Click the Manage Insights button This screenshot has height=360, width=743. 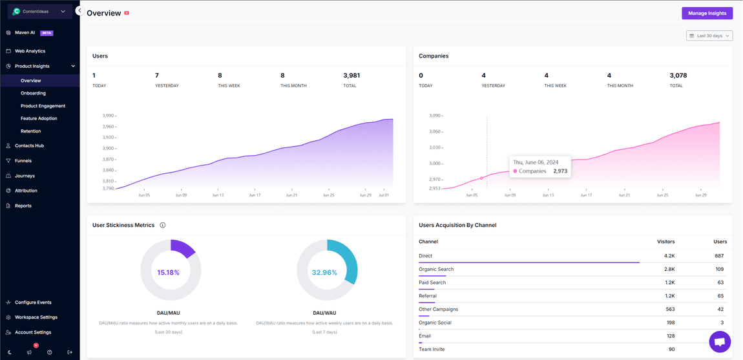pos(707,13)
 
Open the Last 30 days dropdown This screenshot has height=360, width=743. pos(709,36)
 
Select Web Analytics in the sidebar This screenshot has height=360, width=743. pos(30,51)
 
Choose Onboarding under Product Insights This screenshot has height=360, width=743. pos(33,93)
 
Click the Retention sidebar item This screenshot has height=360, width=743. pos(30,131)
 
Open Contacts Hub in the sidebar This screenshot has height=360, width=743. pos(29,146)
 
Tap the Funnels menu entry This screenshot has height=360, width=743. pos(23,161)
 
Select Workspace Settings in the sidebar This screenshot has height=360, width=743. pos(36,317)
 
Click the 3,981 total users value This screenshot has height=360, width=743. pos(351,76)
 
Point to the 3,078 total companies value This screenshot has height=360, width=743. pos(678,76)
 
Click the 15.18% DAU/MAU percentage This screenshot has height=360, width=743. pos(168,273)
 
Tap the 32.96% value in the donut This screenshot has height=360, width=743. pos(324,273)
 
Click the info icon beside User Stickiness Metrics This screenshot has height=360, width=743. pos(163,226)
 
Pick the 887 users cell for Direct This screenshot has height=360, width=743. pos(719,256)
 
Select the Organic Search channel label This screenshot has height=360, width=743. pos(436,270)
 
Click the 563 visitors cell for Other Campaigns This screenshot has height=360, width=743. pos(669,310)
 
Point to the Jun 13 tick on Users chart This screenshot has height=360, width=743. pos(218,195)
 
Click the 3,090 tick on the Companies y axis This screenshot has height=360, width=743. pos(435,116)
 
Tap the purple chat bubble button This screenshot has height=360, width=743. pos(719,341)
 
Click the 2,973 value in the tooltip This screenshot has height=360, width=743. pos(560,171)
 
